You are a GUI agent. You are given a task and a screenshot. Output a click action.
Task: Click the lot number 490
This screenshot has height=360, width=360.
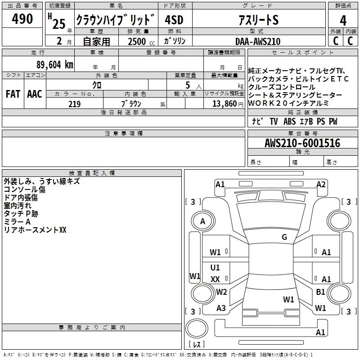coord(22,19)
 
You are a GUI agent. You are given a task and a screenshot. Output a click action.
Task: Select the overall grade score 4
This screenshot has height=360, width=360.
coord(343,21)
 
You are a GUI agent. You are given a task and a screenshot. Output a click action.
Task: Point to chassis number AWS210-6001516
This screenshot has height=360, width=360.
coord(302,143)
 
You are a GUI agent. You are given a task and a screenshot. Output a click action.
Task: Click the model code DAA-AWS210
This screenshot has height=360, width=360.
coord(258,41)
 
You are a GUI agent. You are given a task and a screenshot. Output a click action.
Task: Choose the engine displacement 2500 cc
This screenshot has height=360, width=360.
coord(139,41)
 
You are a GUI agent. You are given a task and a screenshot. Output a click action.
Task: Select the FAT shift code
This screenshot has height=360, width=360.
coord(13,94)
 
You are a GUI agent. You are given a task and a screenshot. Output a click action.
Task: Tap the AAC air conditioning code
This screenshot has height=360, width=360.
coord(35,94)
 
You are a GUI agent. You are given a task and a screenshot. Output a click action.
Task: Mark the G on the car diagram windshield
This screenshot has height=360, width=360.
coord(284,237)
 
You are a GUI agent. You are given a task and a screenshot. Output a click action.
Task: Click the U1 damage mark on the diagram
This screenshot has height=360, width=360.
coord(215,268)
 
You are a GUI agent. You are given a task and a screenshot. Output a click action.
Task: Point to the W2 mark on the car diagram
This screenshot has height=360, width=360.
coord(221,292)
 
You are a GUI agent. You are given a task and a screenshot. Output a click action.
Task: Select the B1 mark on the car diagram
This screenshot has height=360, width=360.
coord(320,292)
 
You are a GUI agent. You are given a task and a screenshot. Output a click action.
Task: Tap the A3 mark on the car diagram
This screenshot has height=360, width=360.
coord(221,308)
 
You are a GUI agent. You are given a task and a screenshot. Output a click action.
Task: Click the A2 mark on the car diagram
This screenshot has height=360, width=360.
coord(321,184)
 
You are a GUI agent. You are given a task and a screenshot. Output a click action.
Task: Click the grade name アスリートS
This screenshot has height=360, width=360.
coord(258,20)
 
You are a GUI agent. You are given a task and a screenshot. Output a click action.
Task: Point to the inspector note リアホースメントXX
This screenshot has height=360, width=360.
coord(35,230)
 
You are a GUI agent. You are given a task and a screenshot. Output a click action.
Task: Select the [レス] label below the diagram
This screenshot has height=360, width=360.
coord(196,345)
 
